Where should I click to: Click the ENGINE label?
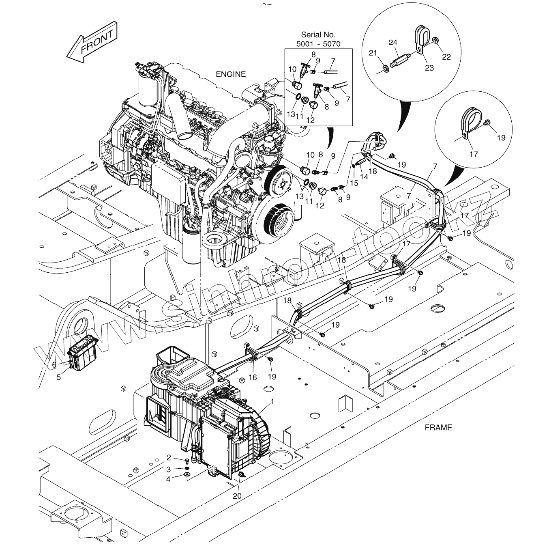click(x=230, y=74)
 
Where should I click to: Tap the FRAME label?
click(x=438, y=427)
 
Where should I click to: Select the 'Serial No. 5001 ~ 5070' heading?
click(x=318, y=39)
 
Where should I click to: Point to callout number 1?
click(x=273, y=401)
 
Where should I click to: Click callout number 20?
click(x=237, y=495)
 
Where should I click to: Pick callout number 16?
click(x=253, y=377)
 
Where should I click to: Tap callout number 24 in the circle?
click(x=392, y=42)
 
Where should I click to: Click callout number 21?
click(x=373, y=53)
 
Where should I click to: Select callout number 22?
click(x=446, y=57)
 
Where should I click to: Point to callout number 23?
click(x=429, y=68)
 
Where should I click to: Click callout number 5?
click(x=59, y=377)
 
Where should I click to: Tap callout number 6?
click(x=54, y=364)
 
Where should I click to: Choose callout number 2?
click(x=169, y=458)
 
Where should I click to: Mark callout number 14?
click(x=364, y=177)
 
